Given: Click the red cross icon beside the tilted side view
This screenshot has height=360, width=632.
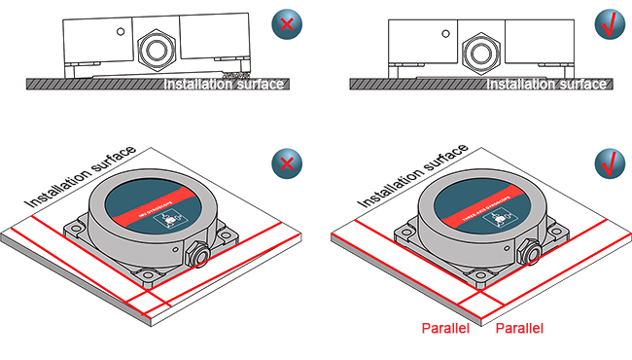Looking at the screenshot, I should (x=286, y=26).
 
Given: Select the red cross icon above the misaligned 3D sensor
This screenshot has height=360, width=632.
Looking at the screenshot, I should (x=286, y=162).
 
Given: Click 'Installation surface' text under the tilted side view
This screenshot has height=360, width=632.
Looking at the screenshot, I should (x=225, y=85).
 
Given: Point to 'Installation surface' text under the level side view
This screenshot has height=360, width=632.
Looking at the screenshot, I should (x=547, y=85).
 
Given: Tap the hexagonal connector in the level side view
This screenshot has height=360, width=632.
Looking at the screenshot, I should (x=479, y=48).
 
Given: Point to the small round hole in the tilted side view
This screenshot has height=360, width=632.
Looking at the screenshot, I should (x=120, y=31).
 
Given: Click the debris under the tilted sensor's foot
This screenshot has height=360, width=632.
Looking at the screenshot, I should (x=233, y=75).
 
